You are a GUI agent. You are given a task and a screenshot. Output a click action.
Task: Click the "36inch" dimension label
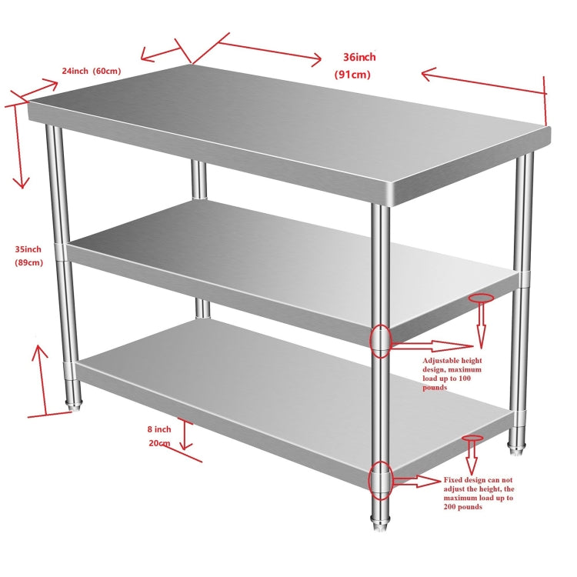[x=359, y=57]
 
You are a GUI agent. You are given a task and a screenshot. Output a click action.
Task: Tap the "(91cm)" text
[x=352, y=75]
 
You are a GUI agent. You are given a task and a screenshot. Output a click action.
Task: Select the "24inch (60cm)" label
[x=92, y=71]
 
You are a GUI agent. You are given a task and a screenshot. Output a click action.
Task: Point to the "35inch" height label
[x=28, y=248]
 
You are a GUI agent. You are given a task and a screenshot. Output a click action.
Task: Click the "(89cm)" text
[x=28, y=263]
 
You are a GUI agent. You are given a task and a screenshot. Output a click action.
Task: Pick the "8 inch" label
[x=158, y=429]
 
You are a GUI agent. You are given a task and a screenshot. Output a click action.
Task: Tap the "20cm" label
[x=159, y=443]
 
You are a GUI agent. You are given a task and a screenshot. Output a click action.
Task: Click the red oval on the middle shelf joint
[x=381, y=341]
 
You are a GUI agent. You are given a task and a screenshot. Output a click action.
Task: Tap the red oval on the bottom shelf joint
[x=381, y=482]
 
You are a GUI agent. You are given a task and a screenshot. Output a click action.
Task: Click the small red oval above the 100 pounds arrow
[x=482, y=297]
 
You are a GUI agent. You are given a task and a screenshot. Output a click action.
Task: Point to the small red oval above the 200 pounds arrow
[x=472, y=438]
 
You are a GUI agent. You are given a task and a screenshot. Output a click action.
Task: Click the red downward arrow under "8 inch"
[x=185, y=435]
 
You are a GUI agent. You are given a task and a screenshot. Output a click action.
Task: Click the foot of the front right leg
[x=380, y=527]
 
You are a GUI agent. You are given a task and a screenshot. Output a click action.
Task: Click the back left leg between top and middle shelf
[x=200, y=182]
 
